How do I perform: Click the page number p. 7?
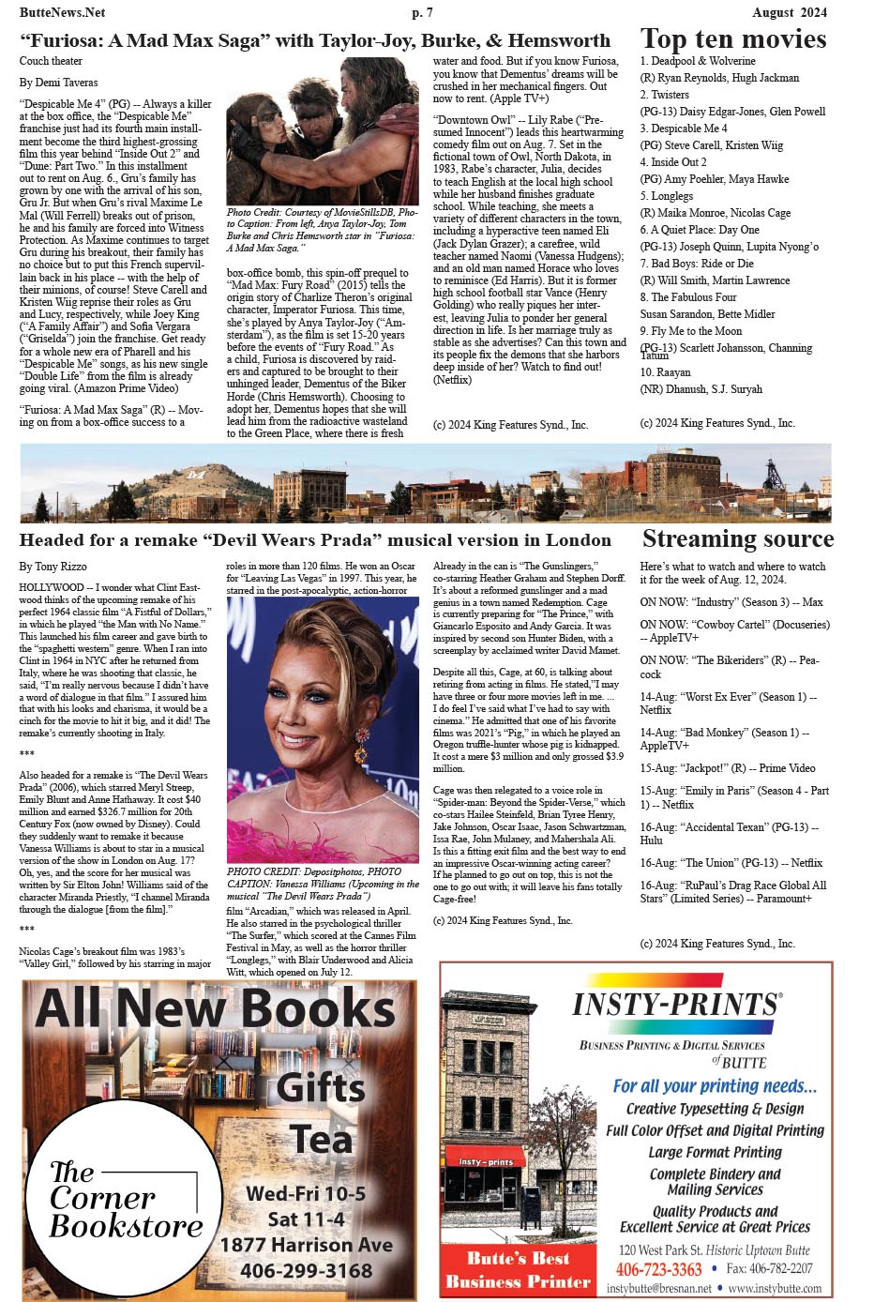point(422,12)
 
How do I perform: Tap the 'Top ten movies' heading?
point(733,38)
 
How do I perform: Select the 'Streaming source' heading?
point(737,538)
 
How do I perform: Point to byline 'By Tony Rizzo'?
point(53,567)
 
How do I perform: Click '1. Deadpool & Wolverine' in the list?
point(698,61)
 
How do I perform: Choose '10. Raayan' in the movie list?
point(666,372)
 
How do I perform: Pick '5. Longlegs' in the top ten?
point(667,196)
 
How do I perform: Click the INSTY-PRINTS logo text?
point(676,1006)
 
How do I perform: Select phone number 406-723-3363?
point(659,1269)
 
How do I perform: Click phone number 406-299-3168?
point(307,1271)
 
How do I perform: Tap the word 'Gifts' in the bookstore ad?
point(321,1088)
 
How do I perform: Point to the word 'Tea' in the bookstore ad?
point(322,1140)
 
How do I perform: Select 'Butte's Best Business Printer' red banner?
point(518,1270)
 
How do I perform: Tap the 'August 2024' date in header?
point(790,12)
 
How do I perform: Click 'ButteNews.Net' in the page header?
point(62,12)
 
